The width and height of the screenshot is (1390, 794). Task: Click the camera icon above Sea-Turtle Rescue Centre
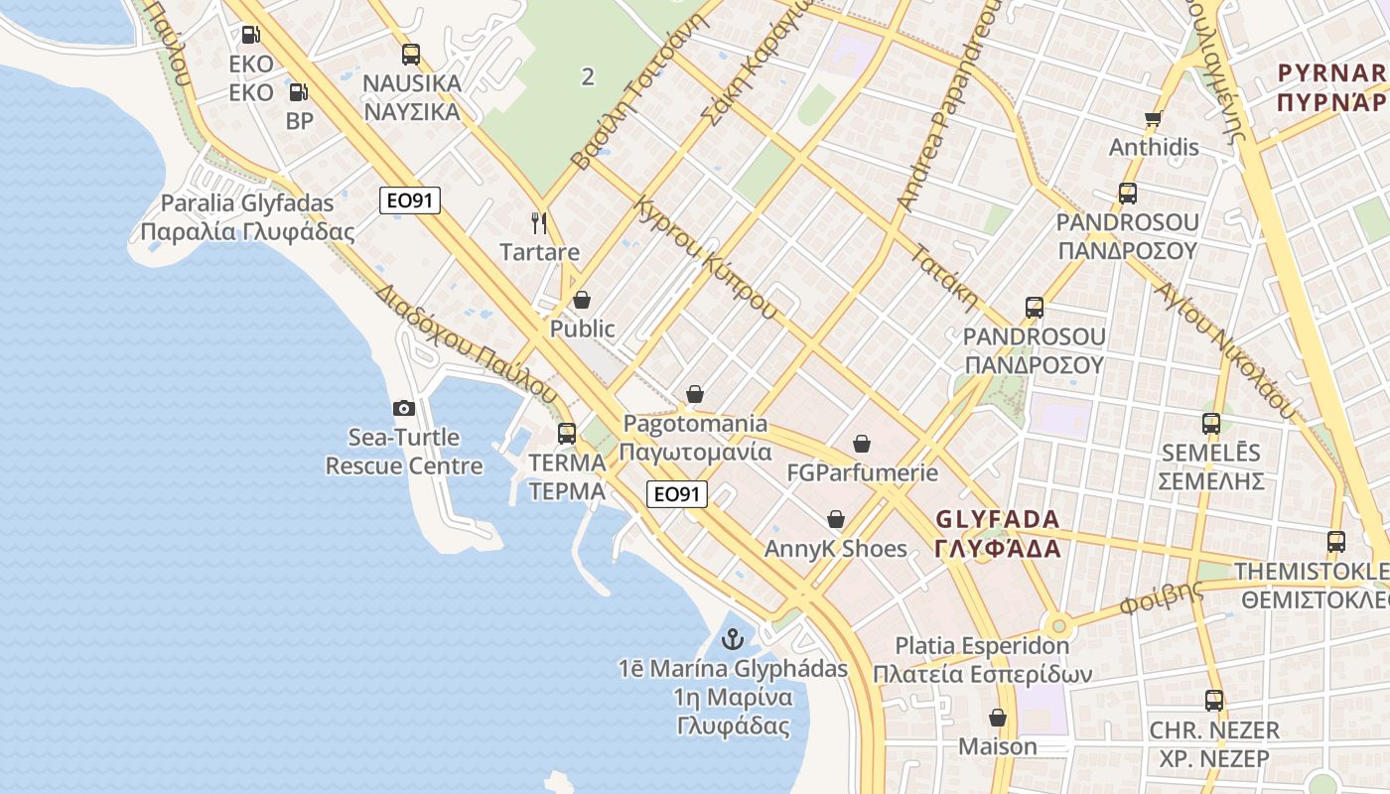click(x=403, y=408)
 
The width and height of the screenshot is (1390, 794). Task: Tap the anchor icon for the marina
click(x=733, y=638)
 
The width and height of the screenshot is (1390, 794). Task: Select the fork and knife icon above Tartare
click(x=539, y=222)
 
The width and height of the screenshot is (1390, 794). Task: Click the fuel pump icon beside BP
click(x=298, y=92)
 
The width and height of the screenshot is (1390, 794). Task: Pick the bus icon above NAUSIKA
click(x=410, y=54)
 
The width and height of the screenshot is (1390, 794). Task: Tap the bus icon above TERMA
click(x=566, y=433)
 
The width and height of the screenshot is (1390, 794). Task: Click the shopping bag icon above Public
click(x=582, y=300)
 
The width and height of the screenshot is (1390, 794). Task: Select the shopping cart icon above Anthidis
click(x=1153, y=119)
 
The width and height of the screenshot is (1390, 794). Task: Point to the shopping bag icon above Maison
click(x=997, y=717)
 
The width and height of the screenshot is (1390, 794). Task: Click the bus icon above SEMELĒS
click(x=1210, y=424)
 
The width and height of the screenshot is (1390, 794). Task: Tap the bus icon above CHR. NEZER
click(x=1213, y=701)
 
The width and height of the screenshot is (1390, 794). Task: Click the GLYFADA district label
click(x=998, y=533)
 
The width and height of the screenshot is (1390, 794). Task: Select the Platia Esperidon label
click(x=982, y=660)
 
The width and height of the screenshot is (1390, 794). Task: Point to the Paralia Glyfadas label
click(x=247, y=217)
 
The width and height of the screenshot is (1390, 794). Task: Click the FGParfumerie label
click(x=862, y=472)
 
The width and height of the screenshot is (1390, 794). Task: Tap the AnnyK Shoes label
click(x=836, y=549)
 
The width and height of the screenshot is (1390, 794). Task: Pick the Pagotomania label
click(x=695, y=438)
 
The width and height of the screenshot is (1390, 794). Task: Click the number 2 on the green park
click(x=588, y=76)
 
